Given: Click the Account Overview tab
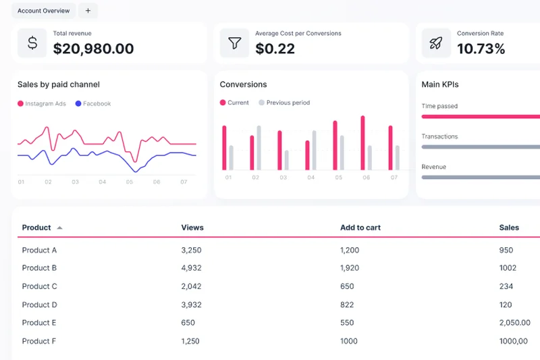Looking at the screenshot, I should (43, 11).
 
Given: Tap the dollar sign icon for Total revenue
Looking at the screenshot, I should (32, 43).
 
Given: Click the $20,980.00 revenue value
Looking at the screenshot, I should (93, 49).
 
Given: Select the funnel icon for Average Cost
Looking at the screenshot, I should (234, 43).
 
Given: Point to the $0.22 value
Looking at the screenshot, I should (275, 49).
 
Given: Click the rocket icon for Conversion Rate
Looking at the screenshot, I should (436, 43).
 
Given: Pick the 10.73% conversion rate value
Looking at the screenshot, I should (481, 49).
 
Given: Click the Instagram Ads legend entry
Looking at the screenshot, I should (42, 104).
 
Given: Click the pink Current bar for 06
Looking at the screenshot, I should (362, 143).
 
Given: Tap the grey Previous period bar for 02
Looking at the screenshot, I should (259, 148).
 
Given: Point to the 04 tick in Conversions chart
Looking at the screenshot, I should (310, 178).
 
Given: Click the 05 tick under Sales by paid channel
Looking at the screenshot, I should (129, 182).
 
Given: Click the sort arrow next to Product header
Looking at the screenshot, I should (59, 228).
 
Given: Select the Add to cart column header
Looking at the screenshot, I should (360, 228).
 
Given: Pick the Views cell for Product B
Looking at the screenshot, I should (191, 268).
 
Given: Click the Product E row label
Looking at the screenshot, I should (39, 323).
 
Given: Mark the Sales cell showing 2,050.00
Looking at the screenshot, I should (514, 323).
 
